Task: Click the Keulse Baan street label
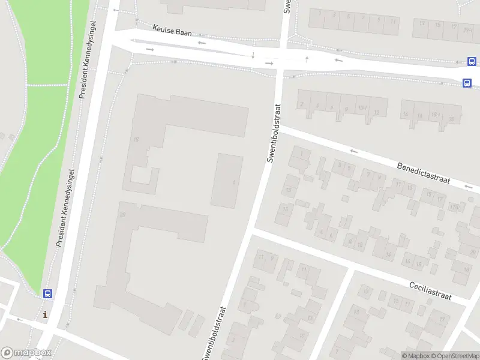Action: [x=172, y=31]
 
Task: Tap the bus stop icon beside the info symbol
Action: [x=47, y=294]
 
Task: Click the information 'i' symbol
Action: [x=46, y=314]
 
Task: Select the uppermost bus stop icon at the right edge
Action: [x=472, y=61]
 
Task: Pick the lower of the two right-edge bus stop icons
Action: [x=467, y=83]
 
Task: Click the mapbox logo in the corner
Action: [x=26, y=353]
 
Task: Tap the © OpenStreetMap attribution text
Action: [x=455, y=356]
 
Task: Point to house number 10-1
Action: [x=362, y=109]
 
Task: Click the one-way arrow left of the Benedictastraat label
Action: [x=354, y=152]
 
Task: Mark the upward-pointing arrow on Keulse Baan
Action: [x=307, y=59]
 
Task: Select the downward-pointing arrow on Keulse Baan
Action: [x=253, y=56]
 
